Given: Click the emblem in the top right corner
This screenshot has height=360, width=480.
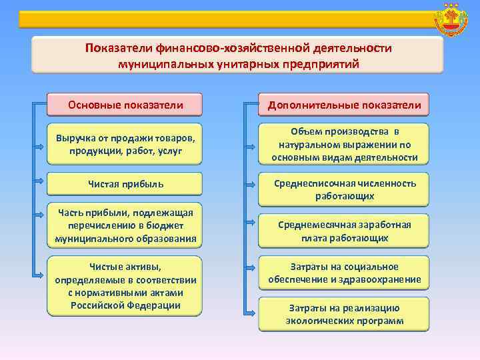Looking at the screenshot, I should click(451, 21).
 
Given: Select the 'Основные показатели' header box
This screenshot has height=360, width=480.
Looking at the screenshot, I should click(125, 105).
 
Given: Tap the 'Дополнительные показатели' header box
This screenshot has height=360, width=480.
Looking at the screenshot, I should click(344, 105).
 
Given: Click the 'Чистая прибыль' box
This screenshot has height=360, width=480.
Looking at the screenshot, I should click(125, 183).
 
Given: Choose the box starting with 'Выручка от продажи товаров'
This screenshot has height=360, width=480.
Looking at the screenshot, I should click(125, 144).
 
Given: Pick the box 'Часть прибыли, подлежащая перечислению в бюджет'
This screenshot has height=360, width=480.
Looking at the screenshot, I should click(125, 225).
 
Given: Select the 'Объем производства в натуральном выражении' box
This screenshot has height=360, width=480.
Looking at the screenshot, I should click(344, 144).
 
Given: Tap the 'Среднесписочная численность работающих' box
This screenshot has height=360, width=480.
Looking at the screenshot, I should click(344, 189).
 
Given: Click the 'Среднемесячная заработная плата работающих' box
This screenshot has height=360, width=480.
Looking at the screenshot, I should click(344, 231).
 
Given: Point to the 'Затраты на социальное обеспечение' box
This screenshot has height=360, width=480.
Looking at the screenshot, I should click(344, 273).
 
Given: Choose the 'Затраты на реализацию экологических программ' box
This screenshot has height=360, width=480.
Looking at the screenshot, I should click(344, 313).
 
